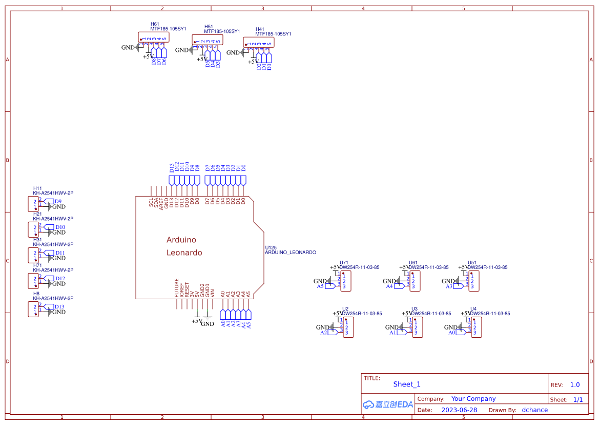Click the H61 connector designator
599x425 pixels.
[x=155, y=24]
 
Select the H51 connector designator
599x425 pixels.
[x=209, y=26]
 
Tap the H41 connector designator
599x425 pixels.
[x=260, y=29]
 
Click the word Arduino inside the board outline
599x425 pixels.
[x=181, y=240]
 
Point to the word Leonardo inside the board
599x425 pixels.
[x=184, y=253]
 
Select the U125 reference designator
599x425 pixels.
[x=271, y=247]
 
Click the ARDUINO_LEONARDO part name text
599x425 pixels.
[x=290, y=253]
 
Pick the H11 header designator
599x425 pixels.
[x=37, y=188]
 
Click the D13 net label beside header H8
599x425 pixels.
[x=59, y=307]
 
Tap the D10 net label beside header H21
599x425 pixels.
[x=60, y=227]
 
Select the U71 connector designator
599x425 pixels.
[x=344, y=262]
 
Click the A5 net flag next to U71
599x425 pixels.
[x=320, y=286]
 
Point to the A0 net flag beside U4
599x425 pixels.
[x=452, y=333]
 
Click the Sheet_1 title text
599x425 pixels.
[x=407, y=384]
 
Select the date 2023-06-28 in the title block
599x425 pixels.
[x=459, y=410]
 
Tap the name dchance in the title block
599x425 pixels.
[x=534, y=410]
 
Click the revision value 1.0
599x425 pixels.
[x=575, y=384]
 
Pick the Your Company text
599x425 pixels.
[x=473, y=399]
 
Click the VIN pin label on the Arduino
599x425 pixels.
[x=213, y=294]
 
